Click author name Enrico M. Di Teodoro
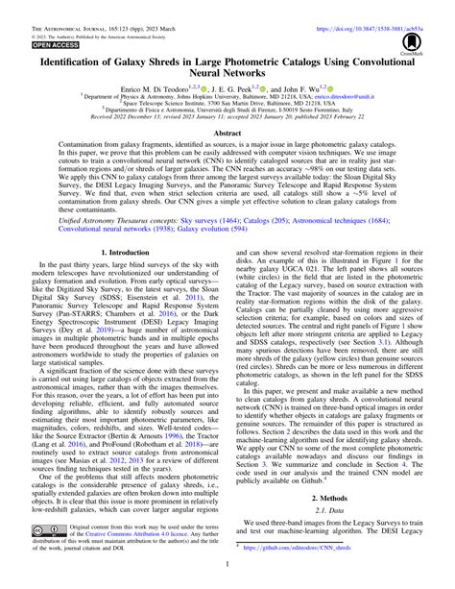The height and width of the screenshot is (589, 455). click(153, 87)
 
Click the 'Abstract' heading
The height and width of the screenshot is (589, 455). click(227, 135)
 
